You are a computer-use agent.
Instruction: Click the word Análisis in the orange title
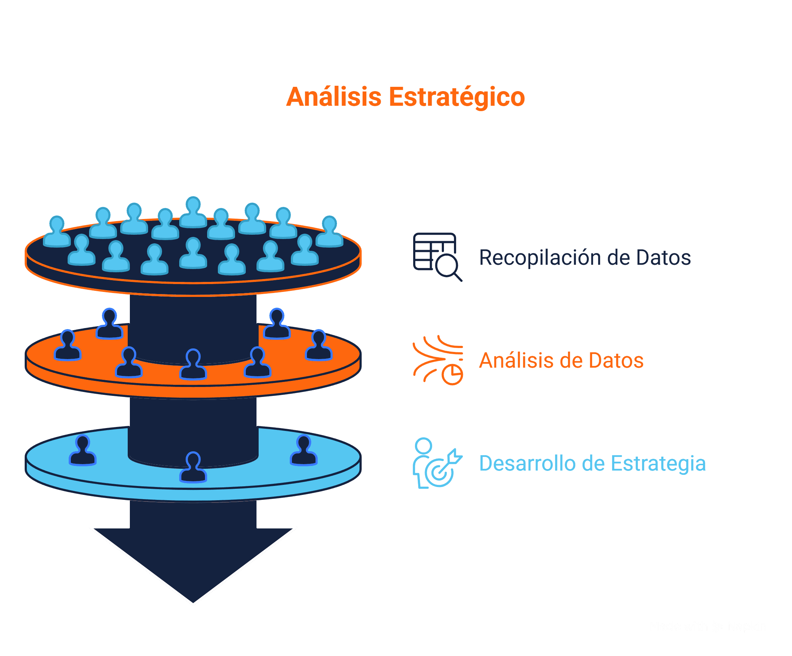[333, 97]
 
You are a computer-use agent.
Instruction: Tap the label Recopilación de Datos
[585, 258]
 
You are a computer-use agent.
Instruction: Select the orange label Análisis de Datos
[561, 360]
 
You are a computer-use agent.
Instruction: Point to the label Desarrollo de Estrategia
[592, 463]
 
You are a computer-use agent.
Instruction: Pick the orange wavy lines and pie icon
[438, 360]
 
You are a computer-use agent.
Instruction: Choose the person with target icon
[437, 463]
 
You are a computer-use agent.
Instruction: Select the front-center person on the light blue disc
[193, 467]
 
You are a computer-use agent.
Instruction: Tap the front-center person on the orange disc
[193, 364]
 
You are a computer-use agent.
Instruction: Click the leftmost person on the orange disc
[68, 345]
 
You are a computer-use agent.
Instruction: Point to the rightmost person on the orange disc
[319, 345]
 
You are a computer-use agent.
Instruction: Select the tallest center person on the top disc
[193, 213]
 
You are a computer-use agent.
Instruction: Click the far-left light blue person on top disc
[57, 232]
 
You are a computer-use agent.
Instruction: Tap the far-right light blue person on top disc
[329, 232]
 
